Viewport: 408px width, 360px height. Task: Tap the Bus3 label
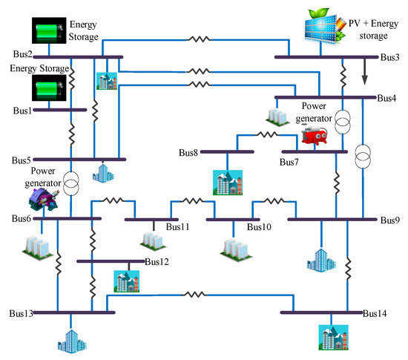(x=390, y=56)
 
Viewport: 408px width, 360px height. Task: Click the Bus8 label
(x=189, y=153)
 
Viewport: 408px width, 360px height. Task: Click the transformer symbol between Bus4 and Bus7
(x=343, y=123)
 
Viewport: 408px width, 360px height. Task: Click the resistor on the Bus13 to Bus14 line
(x=196, y=295)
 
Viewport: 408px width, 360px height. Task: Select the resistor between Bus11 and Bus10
(x=192, y=200)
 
